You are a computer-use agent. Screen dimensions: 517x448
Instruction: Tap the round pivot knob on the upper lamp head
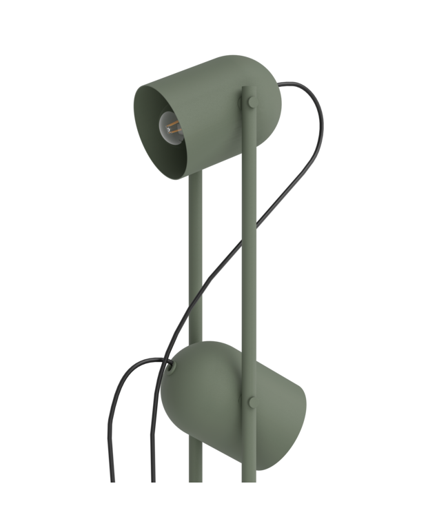[x=249, y=103]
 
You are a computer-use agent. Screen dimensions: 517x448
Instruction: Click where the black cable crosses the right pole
[x=250, y=225]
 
